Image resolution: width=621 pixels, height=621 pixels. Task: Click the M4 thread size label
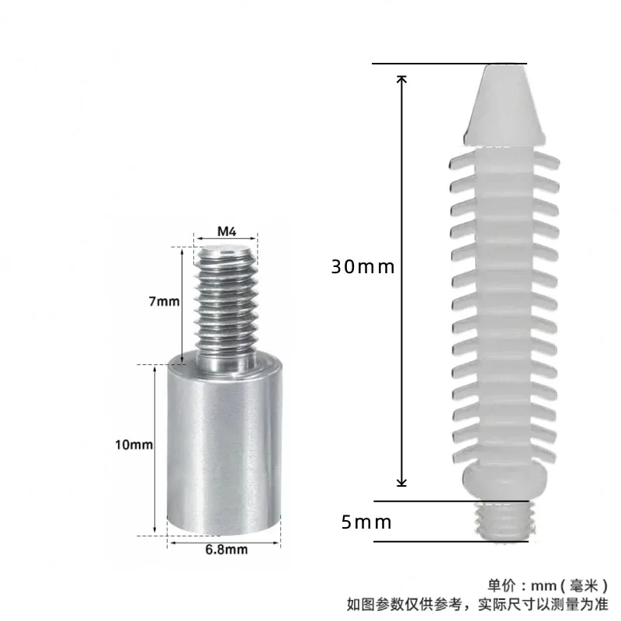tap(227, 231)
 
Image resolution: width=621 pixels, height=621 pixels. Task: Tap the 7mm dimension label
tap(164, 301)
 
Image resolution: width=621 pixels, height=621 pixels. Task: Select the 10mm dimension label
tap(134, 445)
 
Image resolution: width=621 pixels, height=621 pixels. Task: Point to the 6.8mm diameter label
tap(227, 550)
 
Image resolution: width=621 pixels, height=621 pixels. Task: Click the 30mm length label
tap(363, 267)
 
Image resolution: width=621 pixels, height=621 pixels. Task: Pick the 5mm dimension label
tap(366, 522)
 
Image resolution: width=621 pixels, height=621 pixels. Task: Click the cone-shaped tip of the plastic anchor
tap(504, 105)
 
